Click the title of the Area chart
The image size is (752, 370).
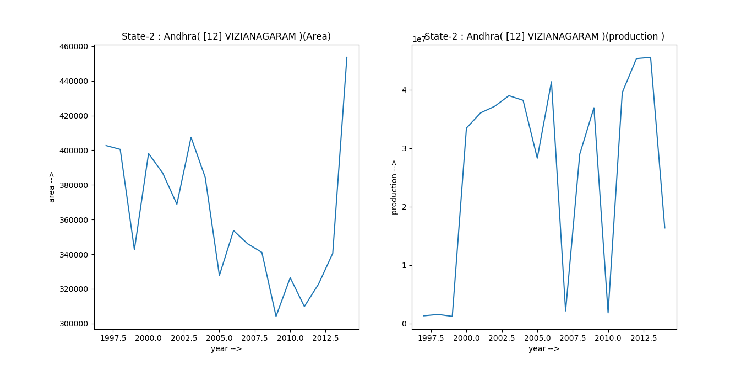tap(226, 36)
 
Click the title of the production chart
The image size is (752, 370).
tap(544, 36)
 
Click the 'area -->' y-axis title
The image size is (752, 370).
tap(52, 187)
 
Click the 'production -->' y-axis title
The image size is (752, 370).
tap(394, 187)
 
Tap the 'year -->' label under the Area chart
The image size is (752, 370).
tap(226, 348)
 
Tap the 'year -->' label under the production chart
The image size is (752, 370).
tap(544, 348)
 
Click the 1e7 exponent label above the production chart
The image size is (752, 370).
tap(419, 39)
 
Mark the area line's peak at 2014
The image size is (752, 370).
tap(347, 57)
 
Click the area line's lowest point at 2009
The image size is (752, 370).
tap(276, 316)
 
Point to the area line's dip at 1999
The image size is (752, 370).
tap(134, 250)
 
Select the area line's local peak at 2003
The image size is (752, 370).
tap(191, 137)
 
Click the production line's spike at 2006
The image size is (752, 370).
tap(551, 82)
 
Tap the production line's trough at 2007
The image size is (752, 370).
tap(565, 310)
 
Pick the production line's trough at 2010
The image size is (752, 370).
tap(608, 313)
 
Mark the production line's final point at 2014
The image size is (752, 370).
tap(664, 228)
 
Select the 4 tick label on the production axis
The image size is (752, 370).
tap(404, 90)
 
